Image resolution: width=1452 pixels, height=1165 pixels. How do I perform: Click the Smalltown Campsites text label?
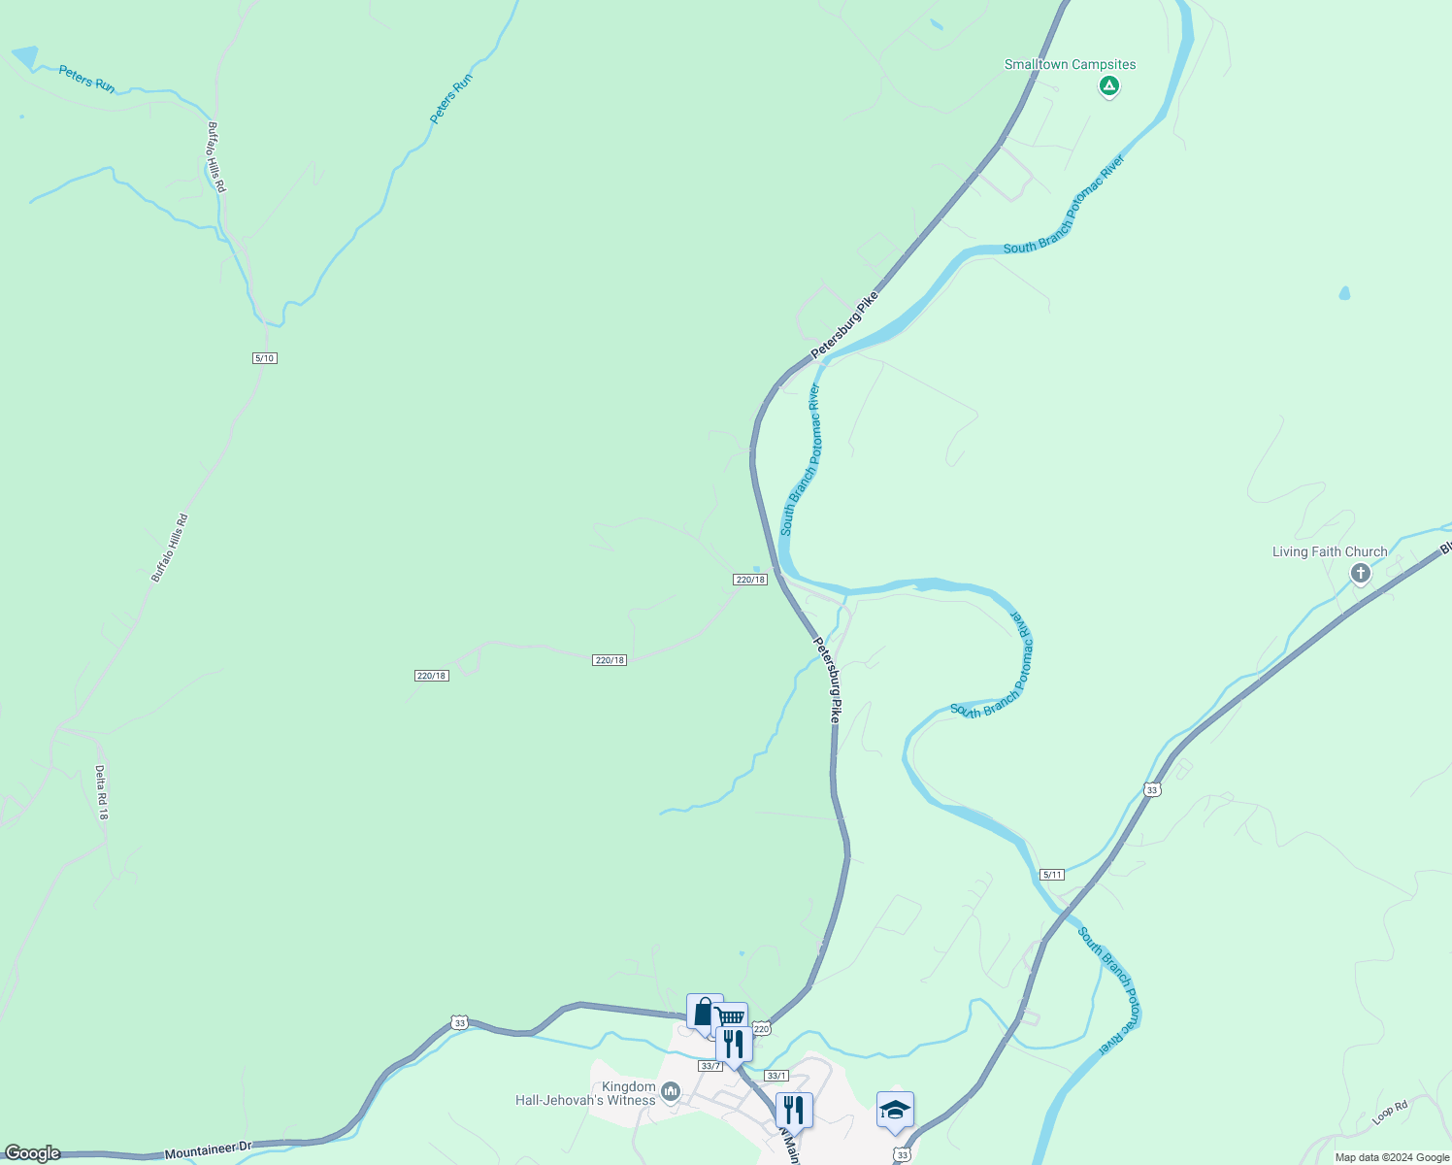[1070, 65]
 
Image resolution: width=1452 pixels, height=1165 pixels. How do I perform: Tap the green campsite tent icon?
[1108, 86]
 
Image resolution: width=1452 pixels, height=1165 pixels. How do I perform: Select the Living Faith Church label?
[1330, 552]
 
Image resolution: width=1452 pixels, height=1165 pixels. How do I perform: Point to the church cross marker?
[1360, 574]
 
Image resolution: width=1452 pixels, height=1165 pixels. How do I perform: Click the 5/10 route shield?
[265, 358]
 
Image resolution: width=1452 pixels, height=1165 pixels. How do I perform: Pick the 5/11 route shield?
[1052, 875]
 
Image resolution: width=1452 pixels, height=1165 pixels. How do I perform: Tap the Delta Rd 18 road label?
[101, 792]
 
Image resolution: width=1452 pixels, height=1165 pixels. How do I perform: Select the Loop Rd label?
[1390, 1113]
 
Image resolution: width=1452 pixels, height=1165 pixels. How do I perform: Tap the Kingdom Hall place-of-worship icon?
[670, 1094]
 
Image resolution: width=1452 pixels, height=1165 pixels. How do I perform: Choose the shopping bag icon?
[704, 1012]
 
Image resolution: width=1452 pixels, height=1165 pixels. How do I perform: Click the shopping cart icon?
[731, 1017]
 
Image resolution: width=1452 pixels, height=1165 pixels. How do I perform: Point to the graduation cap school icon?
[895, 1109]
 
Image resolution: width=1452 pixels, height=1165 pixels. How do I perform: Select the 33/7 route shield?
[709, 1066]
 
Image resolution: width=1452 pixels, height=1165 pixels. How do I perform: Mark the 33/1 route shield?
[776, 1076]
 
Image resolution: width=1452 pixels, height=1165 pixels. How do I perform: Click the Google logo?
[31, 1153]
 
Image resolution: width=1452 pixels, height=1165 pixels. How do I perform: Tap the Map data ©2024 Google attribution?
[1391, 1157]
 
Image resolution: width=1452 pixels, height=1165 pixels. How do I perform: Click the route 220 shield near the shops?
[761, 1029]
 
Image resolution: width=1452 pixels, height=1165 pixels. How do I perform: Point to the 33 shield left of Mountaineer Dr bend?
[459, 1022]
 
